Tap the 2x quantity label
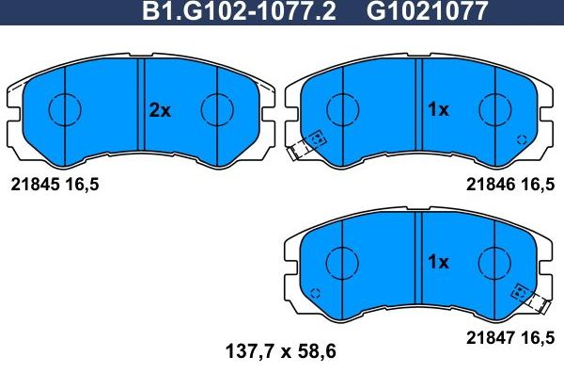(160, 110)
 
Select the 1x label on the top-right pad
(438, 110)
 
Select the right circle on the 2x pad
(217, 110)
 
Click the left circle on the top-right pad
(343, 110)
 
